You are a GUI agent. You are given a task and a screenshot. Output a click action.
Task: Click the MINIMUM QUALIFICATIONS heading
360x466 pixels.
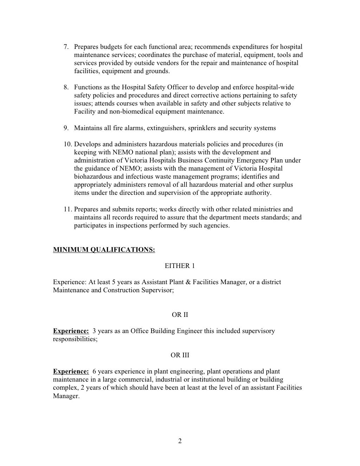pyautogui.click(x=104, y=250)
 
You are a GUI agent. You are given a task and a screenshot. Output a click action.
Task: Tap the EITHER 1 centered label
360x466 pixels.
pyautogui.click(x=180, y=266)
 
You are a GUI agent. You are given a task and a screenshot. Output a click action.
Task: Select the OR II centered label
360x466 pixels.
pyautogui.click(x=180, y=315)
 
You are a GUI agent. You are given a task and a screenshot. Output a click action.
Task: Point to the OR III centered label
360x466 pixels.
pyautogui.click(x=180, y=355)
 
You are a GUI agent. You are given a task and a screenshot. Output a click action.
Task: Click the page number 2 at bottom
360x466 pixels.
pyautogui.click(x=180, y=441)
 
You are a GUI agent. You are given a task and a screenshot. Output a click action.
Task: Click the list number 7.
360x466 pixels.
pyautogui.click(x=66, y=47)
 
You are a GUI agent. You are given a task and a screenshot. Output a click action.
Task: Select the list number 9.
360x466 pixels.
pyautogui.click(x=66, y=128)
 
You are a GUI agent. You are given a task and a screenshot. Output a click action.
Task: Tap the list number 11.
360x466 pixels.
pyautogui.click(x=67, y=209)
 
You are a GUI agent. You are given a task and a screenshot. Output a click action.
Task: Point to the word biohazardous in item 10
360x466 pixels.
pyautogui.click(x=91, y=177)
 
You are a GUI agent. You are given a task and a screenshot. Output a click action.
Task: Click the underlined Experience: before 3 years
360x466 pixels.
pyautogui.click(x=71, y=331)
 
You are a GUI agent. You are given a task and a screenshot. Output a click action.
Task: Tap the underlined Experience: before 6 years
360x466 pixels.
pyautogui.click(x=71, y=371)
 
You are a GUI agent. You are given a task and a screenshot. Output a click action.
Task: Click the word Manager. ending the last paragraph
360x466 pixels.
pyautogui.click(x=66, y=396)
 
